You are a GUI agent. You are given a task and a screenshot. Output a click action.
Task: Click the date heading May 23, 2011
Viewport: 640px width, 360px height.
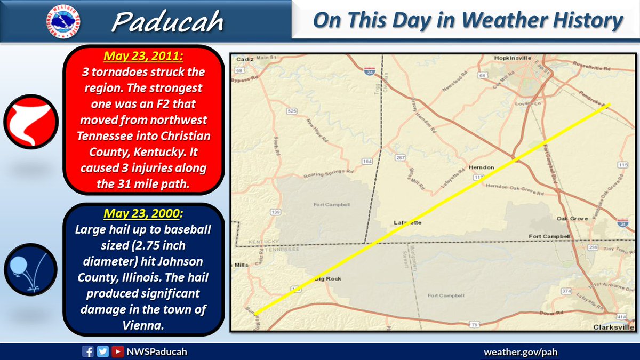[x=142, y=55]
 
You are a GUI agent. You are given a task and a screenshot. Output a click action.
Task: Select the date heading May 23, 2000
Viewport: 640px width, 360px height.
[x=142, y=213]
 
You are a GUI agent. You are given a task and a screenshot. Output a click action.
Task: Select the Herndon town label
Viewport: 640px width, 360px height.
[x=481, y=167]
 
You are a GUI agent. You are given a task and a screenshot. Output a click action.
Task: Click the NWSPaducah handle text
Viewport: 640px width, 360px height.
[x=157, y=351]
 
